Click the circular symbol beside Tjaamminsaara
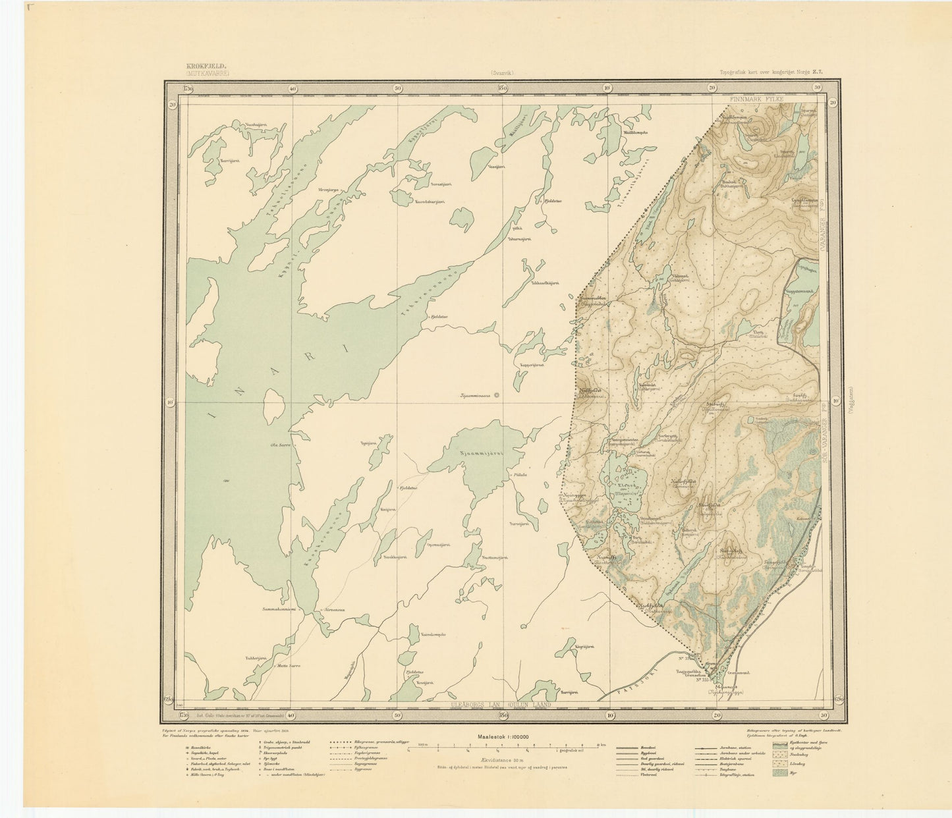pos(497,396)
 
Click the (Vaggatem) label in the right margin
pos(853,398)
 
